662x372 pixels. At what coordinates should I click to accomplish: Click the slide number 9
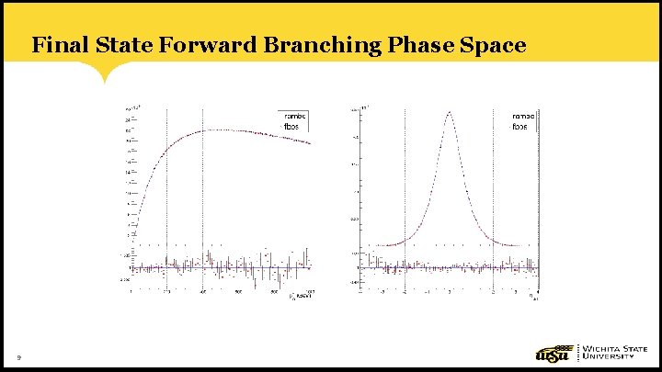17,357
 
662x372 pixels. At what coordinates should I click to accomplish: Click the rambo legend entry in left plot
294,116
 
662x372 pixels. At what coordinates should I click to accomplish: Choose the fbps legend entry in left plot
291,127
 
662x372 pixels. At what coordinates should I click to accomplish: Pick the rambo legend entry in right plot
523,117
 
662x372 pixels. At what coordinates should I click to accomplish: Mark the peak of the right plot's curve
449,112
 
